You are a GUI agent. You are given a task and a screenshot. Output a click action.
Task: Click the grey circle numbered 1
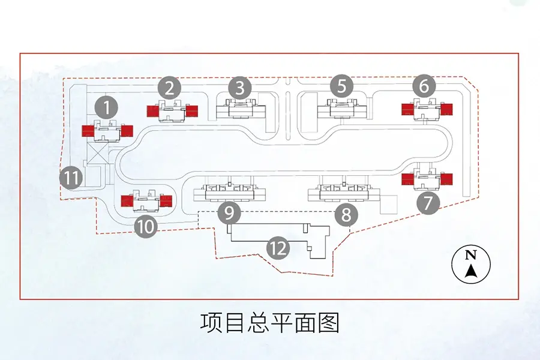pos(107,108)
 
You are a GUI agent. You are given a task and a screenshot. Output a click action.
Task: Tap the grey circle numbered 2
pos(170,89)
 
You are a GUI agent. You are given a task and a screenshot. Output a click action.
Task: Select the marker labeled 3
pos(240,89)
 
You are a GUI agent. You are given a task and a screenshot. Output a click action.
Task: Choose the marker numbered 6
pos(424,87)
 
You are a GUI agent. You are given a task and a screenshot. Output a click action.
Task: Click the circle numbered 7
pos(428,203)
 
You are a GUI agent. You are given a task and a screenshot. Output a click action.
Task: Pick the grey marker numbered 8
pos(346,213)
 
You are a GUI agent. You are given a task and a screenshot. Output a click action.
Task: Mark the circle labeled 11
pos(71,178)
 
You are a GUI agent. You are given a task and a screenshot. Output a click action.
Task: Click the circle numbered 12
pos(278,248)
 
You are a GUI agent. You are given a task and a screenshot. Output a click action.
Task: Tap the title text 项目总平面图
pos(270,322)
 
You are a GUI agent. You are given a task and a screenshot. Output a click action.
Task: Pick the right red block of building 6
pos(446,109)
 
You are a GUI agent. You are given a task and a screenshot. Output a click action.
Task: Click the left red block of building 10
pos(127,200)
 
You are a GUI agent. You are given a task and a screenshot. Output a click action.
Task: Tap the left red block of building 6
pos(407,109)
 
